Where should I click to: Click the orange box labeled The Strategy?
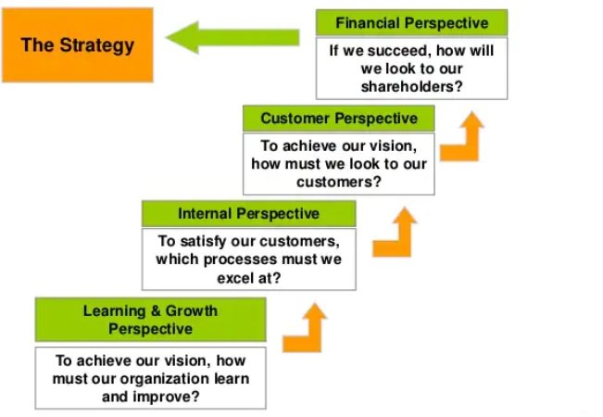click(x=78, y=45)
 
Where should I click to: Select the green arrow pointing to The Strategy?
click(x=232, y=37)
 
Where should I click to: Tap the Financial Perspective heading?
click(x=412, y=23)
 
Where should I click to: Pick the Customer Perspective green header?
click(x=339, y=119)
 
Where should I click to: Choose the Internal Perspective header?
click(x=249, y=213)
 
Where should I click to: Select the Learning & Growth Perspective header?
click(x=150, y=320)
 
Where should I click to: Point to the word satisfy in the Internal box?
click(x=203, y=242)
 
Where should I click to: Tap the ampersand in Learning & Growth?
click(x=156, y=310)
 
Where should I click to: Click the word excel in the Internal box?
click(x=233, y=278)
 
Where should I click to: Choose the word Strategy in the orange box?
click(x=97, y=45)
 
